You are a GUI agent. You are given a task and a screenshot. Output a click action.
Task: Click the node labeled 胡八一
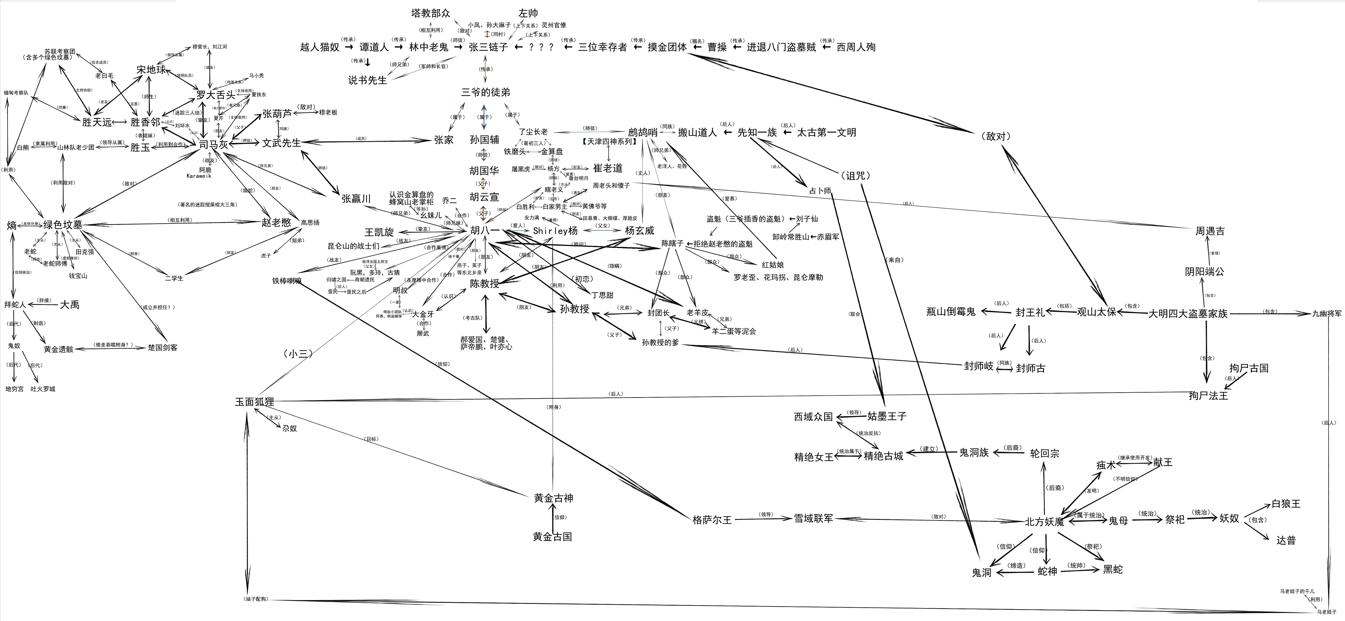[x=485, y=231]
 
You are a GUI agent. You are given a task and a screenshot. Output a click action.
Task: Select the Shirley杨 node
[x=555, y=231]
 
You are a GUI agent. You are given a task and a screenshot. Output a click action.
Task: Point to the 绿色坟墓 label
[x=63, y=225]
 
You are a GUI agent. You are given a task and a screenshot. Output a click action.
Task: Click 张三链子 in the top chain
[x=488, y=47]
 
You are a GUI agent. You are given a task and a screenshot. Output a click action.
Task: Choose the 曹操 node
[x=717, y=47]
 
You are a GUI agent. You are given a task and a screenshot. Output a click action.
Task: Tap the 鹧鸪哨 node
[x=642, y=133]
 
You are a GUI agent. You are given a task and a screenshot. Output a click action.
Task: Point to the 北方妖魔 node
[x=1044, y=522]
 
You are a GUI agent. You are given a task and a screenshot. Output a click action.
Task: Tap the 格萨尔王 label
[x=712, y=520]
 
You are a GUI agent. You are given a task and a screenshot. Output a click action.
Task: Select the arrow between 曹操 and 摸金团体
[x=697, y=47]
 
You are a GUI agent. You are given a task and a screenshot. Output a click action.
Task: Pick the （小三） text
[x=298, y=354]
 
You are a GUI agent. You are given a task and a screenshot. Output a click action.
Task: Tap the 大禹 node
[x=69, y=305]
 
